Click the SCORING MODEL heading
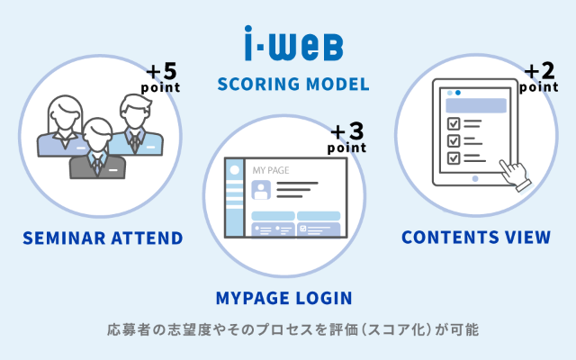click(x=293, y=85)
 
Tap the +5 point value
click(x=163, y=76)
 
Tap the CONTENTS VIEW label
click(x=476, y=238)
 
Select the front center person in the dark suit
click(x=98, y=149)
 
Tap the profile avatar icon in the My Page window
click(x=261, y=190)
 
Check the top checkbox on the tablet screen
click(x=454, y=123)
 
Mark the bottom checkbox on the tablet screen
click(x=454, y=157)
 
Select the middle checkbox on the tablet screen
click(x=454, y=140)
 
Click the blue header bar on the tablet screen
click(x=476, y=105)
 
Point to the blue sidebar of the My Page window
click(x=234, y=198)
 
